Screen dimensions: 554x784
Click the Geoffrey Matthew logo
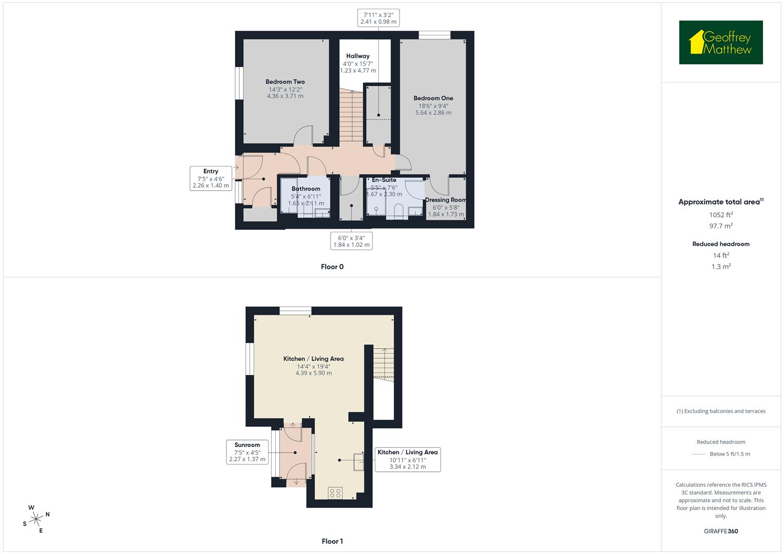tap(721, 43)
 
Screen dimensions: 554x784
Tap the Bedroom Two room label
tap(285, 82)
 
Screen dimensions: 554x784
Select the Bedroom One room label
tap(433, 98)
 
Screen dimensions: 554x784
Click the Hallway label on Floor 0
tap(358, 56)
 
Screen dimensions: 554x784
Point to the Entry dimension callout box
tap(211, 179)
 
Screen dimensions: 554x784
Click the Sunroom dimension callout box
tap(247, 452)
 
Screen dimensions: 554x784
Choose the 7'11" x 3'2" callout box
tap(378, 18)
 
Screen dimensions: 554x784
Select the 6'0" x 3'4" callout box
tap(351, 241)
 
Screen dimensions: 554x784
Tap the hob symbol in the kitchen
tap(335, 493)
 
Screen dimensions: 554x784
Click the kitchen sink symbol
tap(358, 462)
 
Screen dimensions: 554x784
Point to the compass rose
tap(36, 519)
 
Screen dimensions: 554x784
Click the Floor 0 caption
tap(332, 267)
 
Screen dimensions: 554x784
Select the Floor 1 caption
tap(332, 541)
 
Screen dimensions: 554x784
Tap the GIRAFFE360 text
tap(721, 531)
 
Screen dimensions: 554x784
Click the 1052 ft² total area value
tap(721, 215)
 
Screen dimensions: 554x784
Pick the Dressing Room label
tap(445, 200)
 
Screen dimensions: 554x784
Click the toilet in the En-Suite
tap(398, 212)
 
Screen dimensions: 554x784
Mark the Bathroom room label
tap(306, 189)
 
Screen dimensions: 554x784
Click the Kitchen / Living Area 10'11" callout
tap(408, 459)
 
